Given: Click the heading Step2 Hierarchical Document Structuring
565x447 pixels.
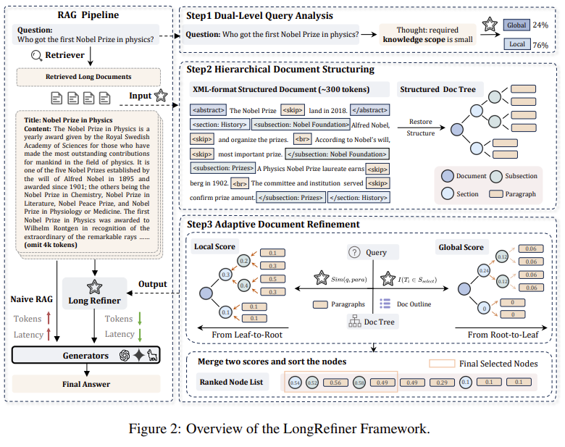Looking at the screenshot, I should point(280,70).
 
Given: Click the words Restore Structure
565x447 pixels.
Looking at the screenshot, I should point(420,127).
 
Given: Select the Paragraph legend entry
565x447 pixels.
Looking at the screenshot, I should point(516,193).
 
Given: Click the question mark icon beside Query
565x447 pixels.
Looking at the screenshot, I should point(354,252).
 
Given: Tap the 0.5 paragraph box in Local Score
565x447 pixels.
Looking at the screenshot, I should point(272,278).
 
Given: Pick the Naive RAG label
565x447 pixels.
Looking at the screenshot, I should point(34,299).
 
